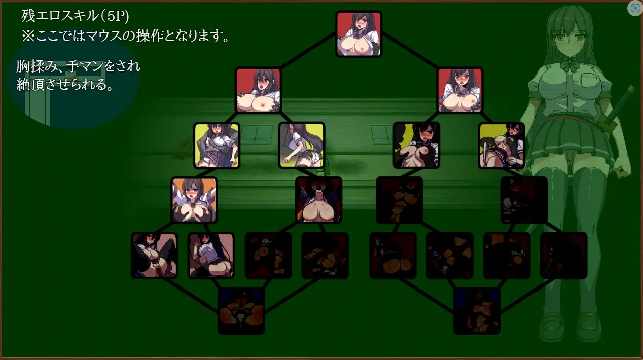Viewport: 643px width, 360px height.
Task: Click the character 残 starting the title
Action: tap(28, 16)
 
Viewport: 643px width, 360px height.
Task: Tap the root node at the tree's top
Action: tap(359, 34)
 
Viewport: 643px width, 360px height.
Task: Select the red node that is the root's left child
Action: tap(258, 90)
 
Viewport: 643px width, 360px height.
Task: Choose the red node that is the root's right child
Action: tap(459, 90)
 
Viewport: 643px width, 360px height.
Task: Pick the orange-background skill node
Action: tap(194, 200)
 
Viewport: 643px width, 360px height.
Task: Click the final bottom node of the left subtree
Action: tap(241, 311)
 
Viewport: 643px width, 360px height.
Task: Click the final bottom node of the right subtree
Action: tap(477, 311)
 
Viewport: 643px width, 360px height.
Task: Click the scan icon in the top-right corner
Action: tap(634, 9)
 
